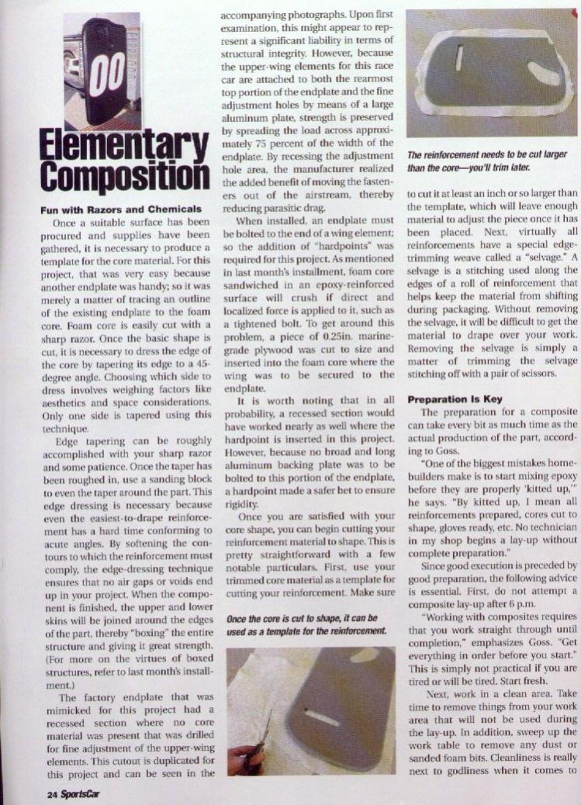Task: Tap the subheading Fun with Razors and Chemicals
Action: click(109, 209)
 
